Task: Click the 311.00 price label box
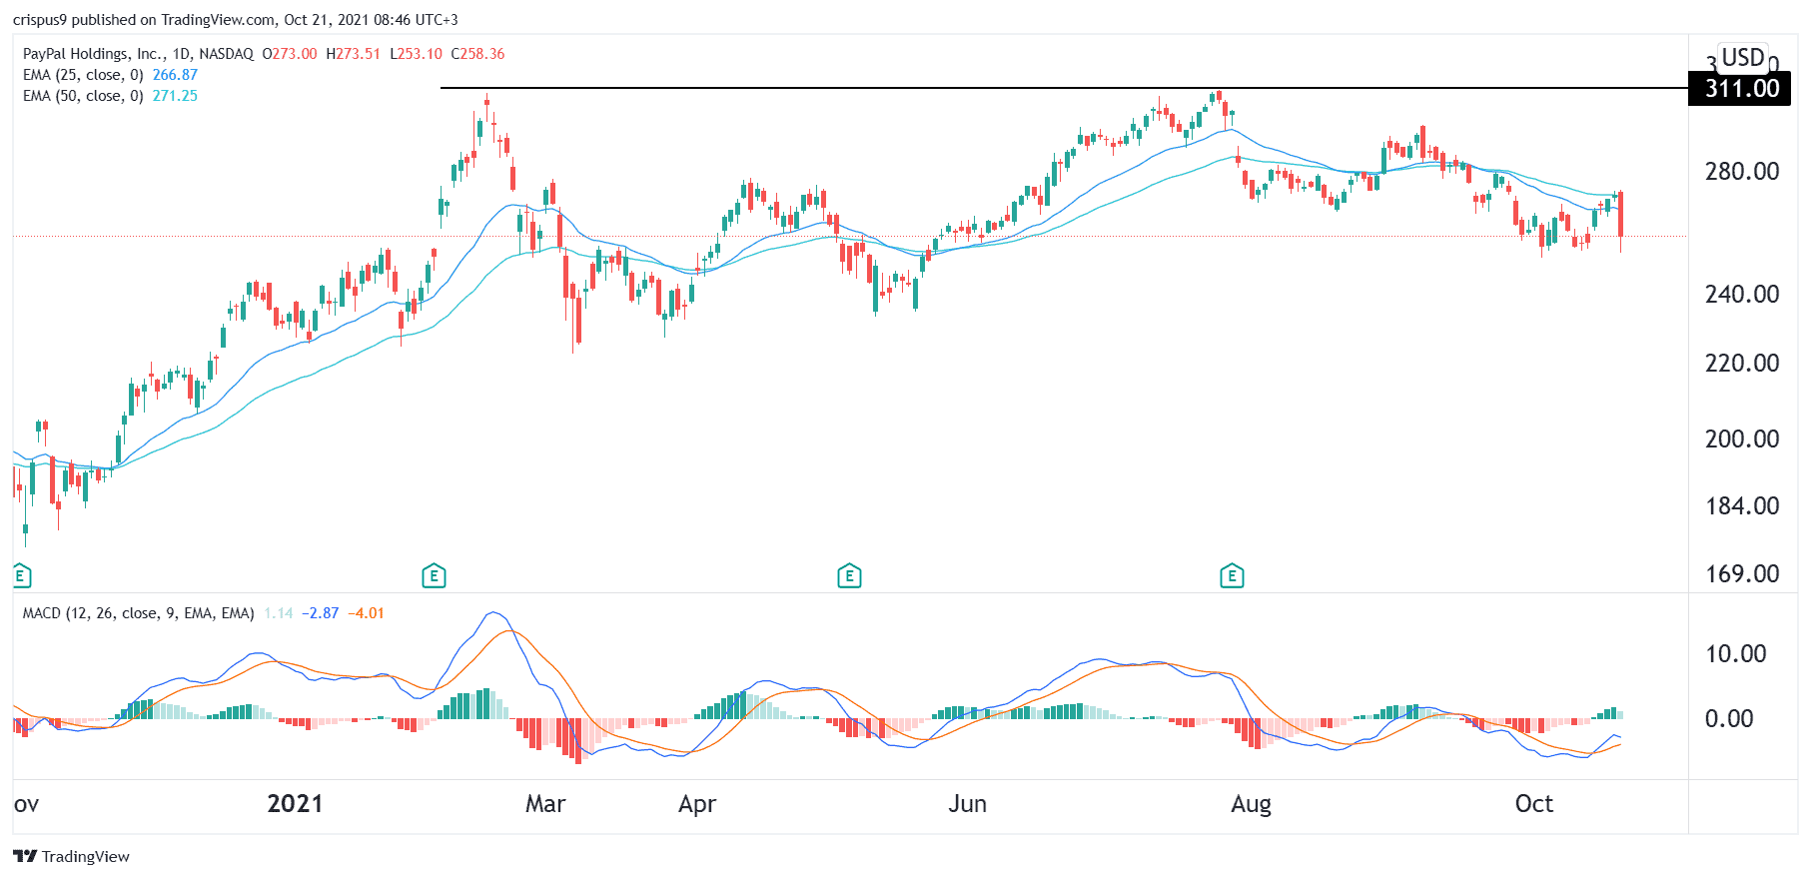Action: click(1740, 89)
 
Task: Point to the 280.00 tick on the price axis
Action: click(1741, 172)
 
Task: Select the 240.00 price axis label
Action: click(1741, 295)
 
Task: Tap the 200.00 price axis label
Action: click(1741, 439)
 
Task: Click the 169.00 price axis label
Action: click(1741, 574)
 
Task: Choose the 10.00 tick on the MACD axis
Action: click(1735, 654)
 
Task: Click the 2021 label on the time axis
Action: click(295, 804)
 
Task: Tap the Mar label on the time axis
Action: click(545, 804)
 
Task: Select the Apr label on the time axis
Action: click(697, 804)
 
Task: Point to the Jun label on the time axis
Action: click(967, 804)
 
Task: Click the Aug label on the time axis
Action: click(1251, 804)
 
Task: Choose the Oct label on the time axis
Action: click(1534, 804)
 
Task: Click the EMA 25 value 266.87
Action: click(175, 75)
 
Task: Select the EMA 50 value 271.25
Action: click(175, 96)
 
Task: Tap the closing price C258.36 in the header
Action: click(477, 54)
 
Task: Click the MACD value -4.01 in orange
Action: click(366, 613)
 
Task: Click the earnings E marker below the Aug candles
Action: click(1232, 575)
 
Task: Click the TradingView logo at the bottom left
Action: click(71, 857)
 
